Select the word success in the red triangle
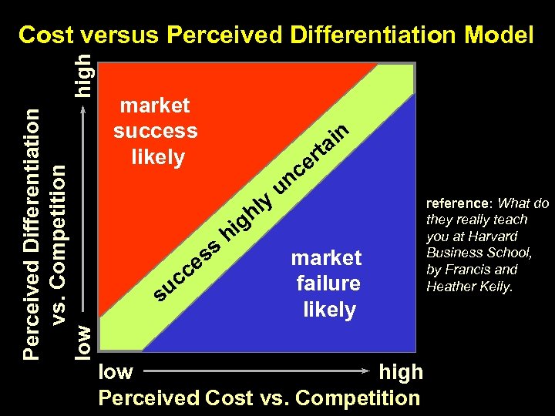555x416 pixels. (155, 130)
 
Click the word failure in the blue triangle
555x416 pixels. (328, 283)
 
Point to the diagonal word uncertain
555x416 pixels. (313, 153)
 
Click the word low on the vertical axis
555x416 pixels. (87, 340)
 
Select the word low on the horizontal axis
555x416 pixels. (116, 372)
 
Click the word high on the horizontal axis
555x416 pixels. (401, 372)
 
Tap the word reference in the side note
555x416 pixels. (459, 204)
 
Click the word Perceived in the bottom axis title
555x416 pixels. (149, 398)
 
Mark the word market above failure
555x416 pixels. (326, 257)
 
